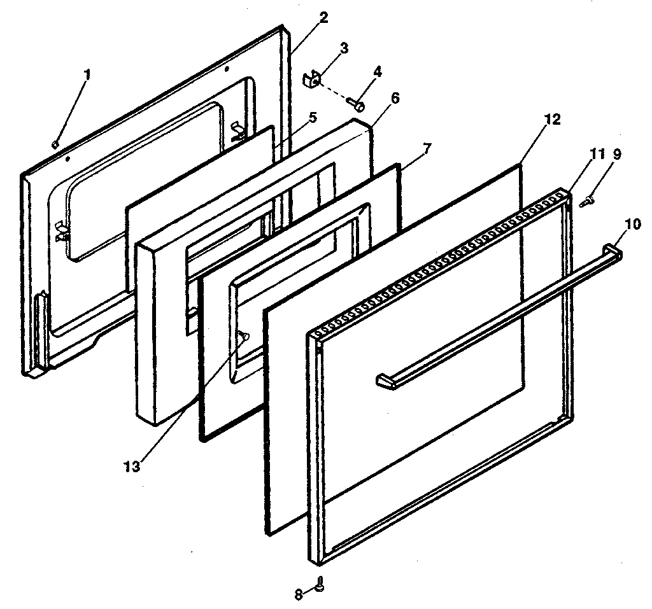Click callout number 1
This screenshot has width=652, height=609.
click(x=87, y=74)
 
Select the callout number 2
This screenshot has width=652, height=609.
click(x=323, y=17)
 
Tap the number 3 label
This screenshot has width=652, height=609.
click(x=344, y=48)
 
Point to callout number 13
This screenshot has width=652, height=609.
click(x=132, y=466)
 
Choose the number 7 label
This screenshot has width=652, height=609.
click(x=427, y=148)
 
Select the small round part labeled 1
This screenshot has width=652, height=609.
click(x=57, y=143)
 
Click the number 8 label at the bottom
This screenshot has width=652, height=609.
click(x=298, y=594)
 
